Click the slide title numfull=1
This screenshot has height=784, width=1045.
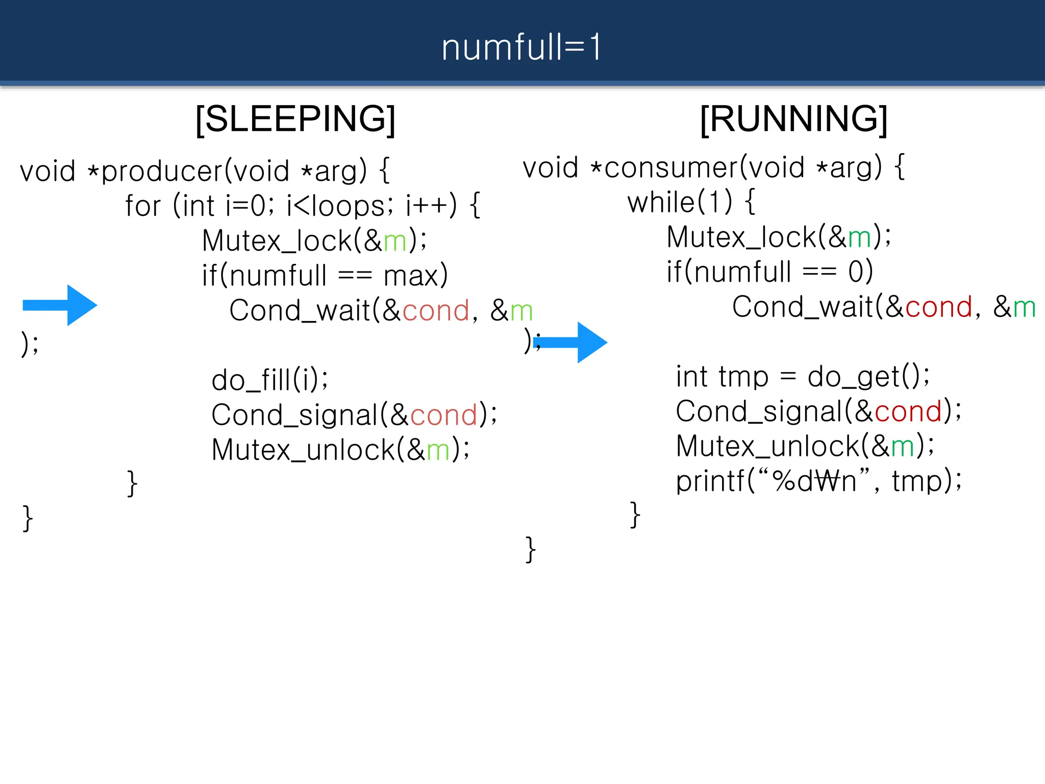(521, 47)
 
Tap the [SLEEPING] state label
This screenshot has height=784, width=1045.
(295, 119)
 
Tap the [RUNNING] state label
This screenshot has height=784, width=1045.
(793, 119)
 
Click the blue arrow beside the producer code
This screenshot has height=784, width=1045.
(60, 305)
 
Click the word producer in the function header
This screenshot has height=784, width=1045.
(162, 171)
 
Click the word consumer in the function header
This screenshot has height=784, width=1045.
(670, 167)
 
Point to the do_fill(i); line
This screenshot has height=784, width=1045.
(269, 380)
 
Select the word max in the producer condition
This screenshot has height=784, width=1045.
(411, 276)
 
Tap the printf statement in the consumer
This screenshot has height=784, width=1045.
(818, 481)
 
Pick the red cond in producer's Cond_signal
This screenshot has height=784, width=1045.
(443, 415)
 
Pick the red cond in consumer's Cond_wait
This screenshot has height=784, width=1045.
(938, 307)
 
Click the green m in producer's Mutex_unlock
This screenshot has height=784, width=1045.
(438, 450)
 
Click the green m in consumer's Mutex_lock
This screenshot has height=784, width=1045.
(859, 237)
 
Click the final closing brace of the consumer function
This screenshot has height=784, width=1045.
(530, 549)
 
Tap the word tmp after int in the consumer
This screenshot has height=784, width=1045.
(743, 377)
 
